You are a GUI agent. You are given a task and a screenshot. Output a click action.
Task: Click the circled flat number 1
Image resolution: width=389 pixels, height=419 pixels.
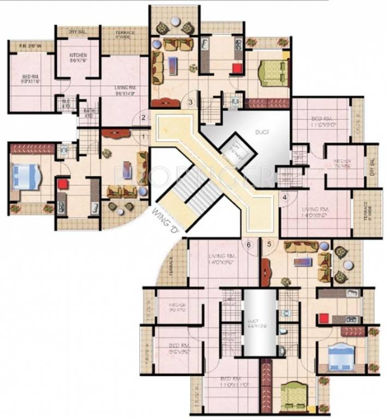click(145, 137)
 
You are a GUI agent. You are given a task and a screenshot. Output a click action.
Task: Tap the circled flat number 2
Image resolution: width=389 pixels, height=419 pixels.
click(145, 117)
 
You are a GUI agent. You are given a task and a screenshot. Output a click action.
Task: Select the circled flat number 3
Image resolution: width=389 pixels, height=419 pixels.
click(191, 102)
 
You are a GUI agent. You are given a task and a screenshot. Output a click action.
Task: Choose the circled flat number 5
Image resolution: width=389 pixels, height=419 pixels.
click(268, 244)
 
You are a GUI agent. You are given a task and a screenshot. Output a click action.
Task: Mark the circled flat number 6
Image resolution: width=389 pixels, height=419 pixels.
click(249, 244)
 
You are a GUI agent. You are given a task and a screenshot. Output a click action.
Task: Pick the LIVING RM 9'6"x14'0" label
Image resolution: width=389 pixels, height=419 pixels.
click(124, 90)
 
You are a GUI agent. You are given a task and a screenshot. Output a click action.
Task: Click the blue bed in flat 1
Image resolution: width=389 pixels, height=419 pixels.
click(25, 177)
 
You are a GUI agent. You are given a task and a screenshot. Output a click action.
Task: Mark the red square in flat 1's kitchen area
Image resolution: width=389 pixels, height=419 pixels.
click(63, 184)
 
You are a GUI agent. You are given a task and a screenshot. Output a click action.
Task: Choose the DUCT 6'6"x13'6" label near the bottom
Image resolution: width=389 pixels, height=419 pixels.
click(259, 325)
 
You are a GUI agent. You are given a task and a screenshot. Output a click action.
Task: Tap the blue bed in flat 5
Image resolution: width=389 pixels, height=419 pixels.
click(340, 356)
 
